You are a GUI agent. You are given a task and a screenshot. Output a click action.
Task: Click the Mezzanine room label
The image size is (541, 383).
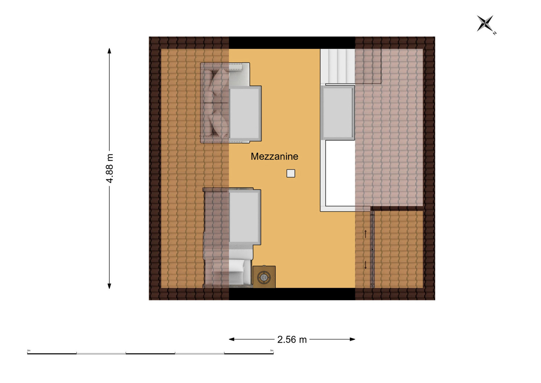(x=274, y=157)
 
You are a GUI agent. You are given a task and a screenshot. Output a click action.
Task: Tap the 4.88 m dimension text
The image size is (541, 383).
(x=110, y=168)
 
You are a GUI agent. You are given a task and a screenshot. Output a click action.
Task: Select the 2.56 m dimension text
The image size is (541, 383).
(x=292, y=340)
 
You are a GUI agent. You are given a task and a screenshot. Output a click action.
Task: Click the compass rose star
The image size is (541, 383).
(x=485, y=23)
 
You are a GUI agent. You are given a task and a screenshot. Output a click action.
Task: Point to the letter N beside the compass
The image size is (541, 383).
(x=494, y=33)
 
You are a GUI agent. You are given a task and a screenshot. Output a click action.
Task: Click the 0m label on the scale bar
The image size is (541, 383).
(x=29, y=350)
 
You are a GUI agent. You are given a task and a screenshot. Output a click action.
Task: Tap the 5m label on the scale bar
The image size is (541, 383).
(x=272, y=350)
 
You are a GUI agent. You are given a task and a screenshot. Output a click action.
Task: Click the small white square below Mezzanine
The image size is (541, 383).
(x=291, y=174)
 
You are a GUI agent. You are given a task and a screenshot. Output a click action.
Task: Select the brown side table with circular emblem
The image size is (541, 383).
(x=264, y=277)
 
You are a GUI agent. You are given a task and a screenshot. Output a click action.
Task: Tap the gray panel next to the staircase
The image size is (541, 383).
(x=337, y=113)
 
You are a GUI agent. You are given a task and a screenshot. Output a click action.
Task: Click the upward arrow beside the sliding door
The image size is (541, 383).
(x=366, y=234)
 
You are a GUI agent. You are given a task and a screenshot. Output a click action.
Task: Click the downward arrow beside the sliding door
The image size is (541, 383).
(x=366, y=265)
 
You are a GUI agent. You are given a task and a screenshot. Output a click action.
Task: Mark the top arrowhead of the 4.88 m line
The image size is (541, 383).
(x=109, y=51)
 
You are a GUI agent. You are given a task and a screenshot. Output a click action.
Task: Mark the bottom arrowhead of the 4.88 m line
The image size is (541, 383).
(x=109, y=286)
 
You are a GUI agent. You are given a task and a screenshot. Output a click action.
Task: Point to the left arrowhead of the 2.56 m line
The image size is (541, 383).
(x=232, y=339)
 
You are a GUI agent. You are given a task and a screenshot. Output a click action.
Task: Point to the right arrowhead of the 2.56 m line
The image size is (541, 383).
(x=352, y=339)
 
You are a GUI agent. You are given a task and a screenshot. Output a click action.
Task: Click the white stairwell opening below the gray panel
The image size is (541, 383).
(x=340, y=173)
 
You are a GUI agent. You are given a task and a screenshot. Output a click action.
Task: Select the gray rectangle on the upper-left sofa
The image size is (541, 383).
(x=245, y=114)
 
